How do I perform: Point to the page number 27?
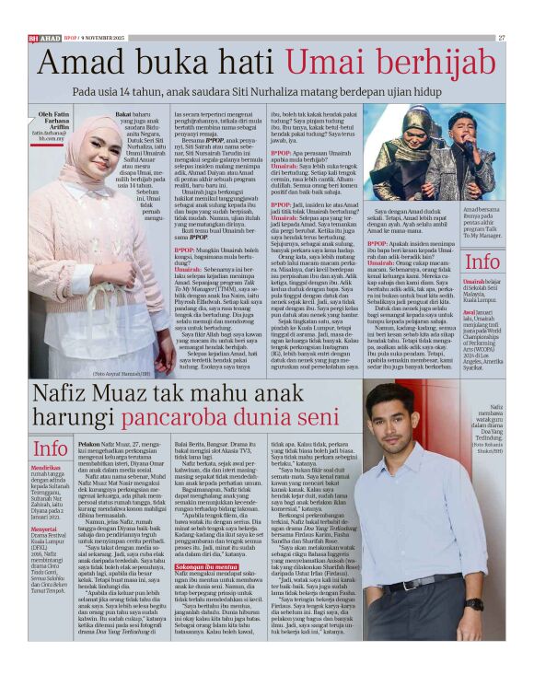[x=501, y=38]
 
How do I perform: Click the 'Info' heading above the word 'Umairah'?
[x=482, y=262]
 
